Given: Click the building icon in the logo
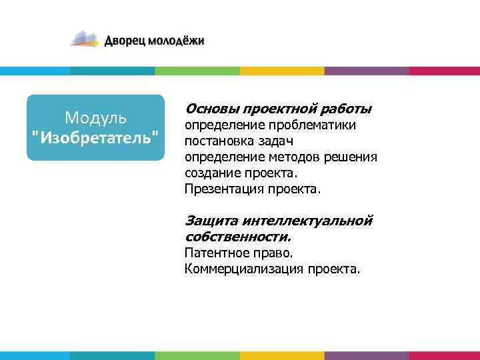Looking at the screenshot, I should coord(85,39).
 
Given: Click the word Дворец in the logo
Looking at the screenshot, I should coord(125,41).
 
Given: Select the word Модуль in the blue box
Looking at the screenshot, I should coord(95,118).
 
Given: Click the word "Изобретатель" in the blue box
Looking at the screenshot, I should coord(95,137).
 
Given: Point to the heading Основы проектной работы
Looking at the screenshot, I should coord(278,108).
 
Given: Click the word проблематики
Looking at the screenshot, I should coord(313,125).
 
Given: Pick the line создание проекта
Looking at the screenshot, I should coord(239,173).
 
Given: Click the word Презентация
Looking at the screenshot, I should coord(223,189).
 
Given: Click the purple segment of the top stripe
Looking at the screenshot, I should coord(367,71).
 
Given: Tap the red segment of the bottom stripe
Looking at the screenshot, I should coord(444,355).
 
